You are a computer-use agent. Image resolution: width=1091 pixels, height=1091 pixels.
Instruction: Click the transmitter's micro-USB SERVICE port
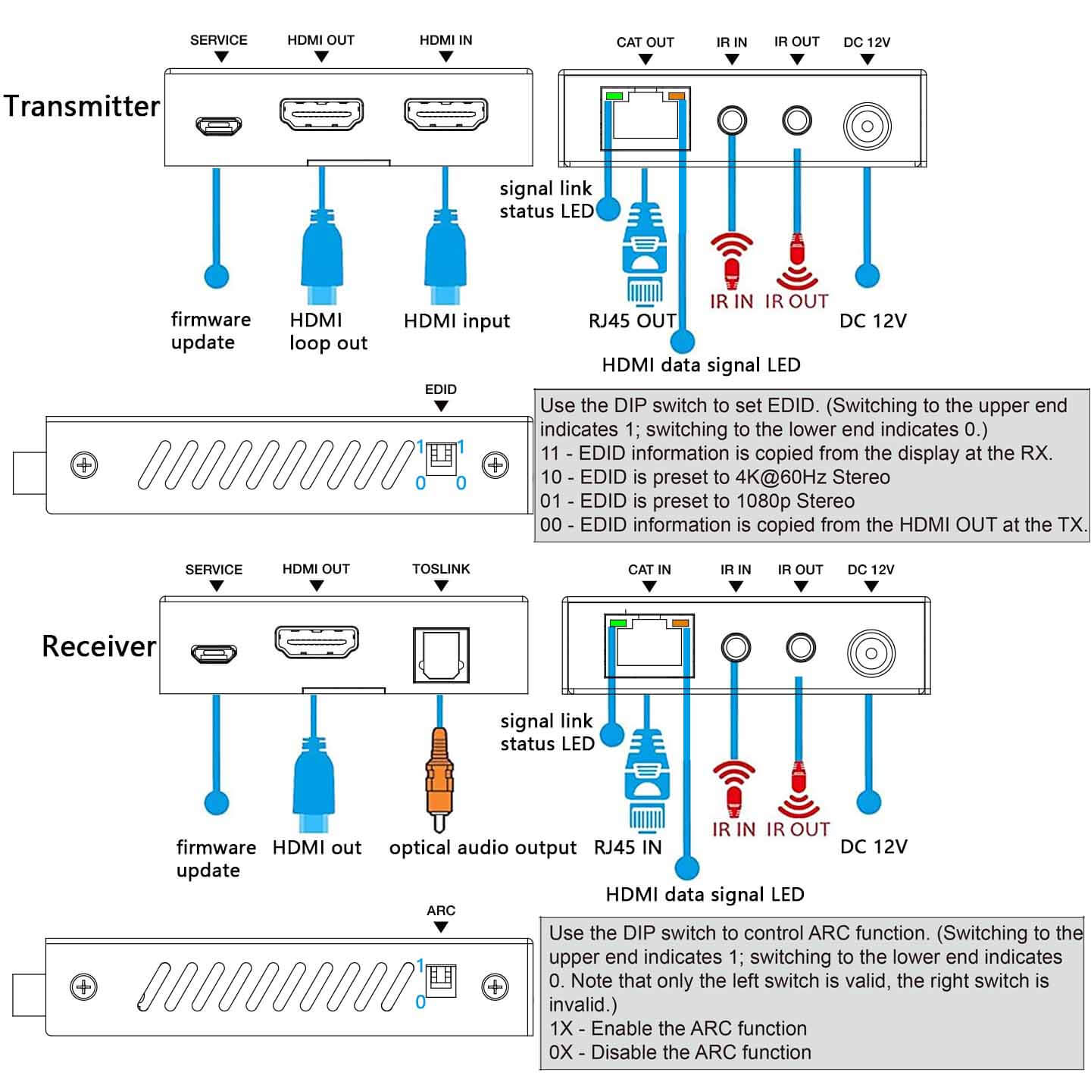[218, 126]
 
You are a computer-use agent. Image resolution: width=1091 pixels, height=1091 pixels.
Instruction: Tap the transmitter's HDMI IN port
[445, 115]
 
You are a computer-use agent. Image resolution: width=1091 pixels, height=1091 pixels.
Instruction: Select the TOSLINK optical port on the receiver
[441, 655]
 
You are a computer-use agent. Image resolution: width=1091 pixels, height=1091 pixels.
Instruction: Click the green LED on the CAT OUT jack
[614, 96]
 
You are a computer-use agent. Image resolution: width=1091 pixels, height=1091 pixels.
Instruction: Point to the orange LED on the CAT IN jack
[680, 624]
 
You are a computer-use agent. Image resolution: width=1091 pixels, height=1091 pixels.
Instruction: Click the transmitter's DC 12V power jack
[867, 126]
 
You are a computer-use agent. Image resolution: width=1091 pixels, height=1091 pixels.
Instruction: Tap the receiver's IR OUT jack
[800, 648]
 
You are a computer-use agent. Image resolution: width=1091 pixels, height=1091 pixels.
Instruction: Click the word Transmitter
[82, 106]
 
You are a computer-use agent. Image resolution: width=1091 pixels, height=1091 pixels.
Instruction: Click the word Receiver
[98, 646]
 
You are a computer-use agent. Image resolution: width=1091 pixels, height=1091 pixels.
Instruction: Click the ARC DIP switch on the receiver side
[441, 981]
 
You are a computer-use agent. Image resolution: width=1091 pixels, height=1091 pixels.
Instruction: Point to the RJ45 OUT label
[632, 321]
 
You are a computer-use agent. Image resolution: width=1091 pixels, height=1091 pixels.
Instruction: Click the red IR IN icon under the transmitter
[732, 261]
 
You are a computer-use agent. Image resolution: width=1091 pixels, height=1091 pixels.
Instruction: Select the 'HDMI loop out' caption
[327, 332]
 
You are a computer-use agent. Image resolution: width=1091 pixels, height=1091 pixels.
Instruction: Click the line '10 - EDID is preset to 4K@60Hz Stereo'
[714, 477]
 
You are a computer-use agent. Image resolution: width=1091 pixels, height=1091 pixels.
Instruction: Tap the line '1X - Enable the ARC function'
[677, 1028]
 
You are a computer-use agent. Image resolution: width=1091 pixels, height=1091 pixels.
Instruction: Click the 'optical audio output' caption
[483, 848]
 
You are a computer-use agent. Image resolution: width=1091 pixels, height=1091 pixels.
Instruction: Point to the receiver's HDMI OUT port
[316, 642]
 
